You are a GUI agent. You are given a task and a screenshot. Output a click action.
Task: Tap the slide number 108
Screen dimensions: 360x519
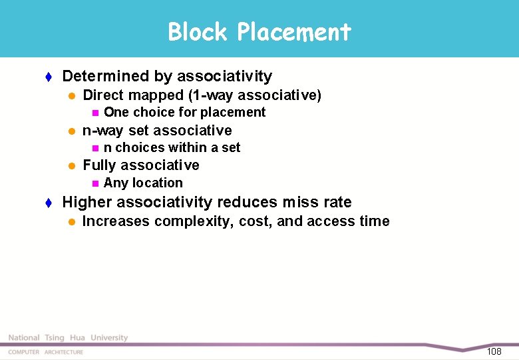tap(494, 351)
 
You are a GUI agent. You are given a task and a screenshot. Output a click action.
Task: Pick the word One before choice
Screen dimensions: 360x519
tap(116, 113)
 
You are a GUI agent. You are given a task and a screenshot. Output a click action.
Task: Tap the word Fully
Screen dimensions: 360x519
tap(99, 165)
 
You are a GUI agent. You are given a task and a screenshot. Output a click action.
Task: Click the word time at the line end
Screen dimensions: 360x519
tap(374, 221)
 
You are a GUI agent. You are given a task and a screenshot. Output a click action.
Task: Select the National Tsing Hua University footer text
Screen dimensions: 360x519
tap(68, 338)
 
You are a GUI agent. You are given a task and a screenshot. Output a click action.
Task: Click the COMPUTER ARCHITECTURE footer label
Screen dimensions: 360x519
tap(46, 352)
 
